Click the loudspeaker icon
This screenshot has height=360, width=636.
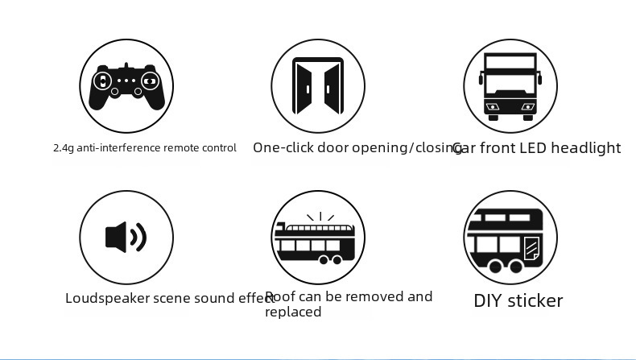click(x=126, y=237)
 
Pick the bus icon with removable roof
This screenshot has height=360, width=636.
click(x=315, y=239)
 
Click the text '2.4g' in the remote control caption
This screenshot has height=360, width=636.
click(x=62, y=148)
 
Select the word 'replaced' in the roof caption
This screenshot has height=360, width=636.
click(x=293, y=312)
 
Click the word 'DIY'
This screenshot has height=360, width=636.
click(x=488, y=301)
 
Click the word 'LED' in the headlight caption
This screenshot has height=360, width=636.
click(x=533, y=148)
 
